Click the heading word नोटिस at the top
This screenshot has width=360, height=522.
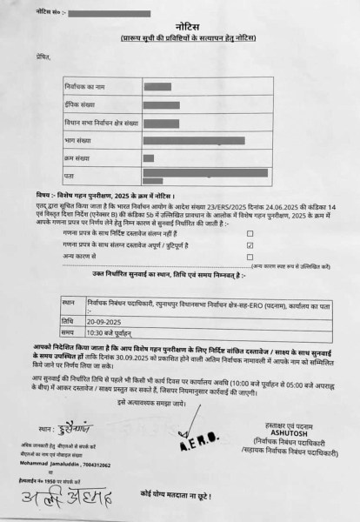(x=179, y=29)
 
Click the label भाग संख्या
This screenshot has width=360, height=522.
(x=78, y=140)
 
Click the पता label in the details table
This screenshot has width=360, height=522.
(x=69, y=174)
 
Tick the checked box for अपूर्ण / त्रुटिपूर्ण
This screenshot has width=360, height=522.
(x=250, y=246)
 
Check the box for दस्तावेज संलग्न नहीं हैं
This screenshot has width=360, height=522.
(x=250, y=234)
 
